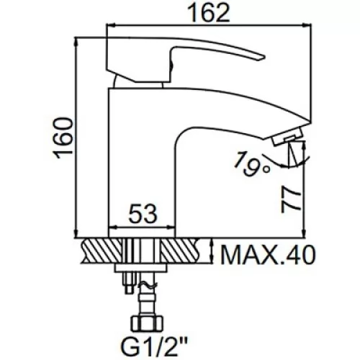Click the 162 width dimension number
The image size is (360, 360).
208,13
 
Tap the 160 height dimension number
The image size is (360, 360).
63,138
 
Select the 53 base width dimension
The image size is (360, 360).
143,213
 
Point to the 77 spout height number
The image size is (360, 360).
291,199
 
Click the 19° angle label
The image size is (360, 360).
252,164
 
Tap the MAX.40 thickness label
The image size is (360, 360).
267,254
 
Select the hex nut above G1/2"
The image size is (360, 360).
147,324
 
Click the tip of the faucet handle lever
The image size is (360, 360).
264,57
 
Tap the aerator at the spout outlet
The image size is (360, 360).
287,137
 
